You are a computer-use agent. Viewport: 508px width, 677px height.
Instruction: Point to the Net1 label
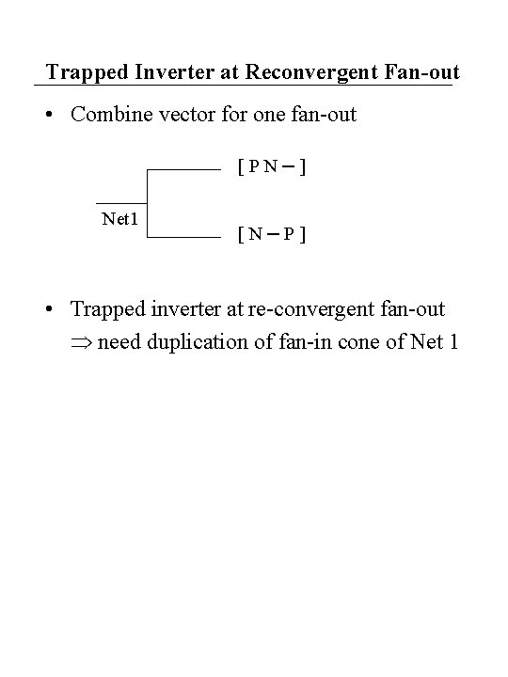(120, 219)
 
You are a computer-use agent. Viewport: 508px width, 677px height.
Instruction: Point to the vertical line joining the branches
(148, 204)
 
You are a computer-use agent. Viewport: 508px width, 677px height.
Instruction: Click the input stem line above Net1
(122, 203)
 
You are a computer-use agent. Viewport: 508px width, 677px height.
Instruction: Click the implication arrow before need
(81, 342)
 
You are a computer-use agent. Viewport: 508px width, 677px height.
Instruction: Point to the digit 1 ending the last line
(453, 341)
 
